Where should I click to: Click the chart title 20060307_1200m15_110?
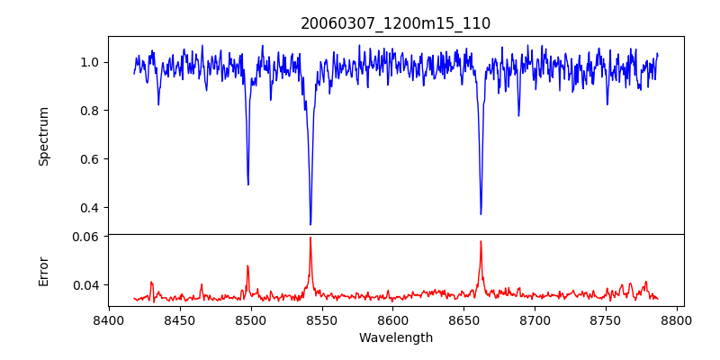(396, 23)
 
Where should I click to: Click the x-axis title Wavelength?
(396, 337)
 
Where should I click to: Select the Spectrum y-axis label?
(43, 136)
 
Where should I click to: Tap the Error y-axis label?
(43, 271)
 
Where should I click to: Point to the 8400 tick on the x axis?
(109, 319)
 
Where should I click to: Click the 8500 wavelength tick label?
(251, 319)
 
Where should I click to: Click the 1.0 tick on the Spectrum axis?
(91, 62)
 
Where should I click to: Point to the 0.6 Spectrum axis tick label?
(91, 159)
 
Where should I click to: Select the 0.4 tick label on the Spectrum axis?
(91, 208)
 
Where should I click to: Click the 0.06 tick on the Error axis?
(88, 237)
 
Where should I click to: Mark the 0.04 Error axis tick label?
(88, 285)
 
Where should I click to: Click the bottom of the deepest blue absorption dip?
(310, 224)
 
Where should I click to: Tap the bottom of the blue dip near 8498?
(248, 184)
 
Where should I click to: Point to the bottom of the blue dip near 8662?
(481, 213)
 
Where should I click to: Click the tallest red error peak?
(310, 238)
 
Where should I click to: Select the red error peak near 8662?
(481, 241)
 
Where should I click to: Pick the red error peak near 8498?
(248, 265)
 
